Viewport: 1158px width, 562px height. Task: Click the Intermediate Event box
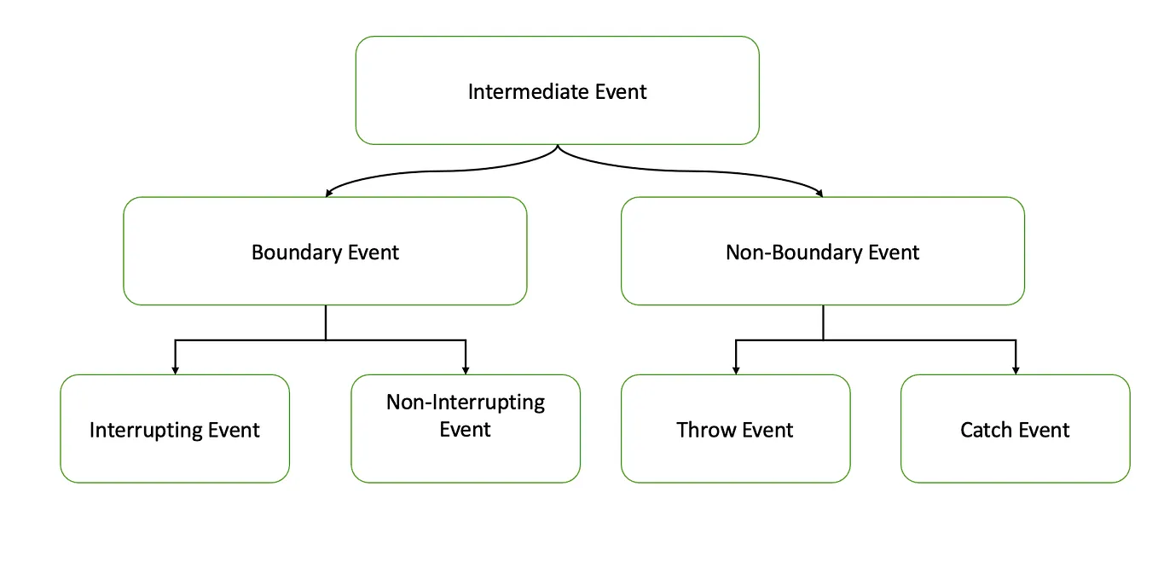point(557,90)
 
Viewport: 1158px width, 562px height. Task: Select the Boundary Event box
point(325,252)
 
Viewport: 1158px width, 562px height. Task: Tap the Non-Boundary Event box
point(822,252)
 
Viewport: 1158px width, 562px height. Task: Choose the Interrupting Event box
point(175,429)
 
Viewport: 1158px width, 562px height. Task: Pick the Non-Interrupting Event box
point(466,429)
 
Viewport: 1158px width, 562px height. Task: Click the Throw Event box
point(735,429)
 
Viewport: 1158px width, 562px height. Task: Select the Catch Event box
point(1015,429)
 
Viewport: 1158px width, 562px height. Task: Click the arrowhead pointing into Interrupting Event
point(175,370)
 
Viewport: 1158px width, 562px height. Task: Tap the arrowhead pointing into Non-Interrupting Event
point(466,370)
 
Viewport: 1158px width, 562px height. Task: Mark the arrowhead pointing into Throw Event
point(736,370)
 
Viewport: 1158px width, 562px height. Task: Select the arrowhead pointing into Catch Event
point(1015,370)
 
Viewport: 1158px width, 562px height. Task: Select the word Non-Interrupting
point(466,403)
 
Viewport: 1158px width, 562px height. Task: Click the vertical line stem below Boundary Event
point(326,322)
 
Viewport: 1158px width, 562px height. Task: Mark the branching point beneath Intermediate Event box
point(558,148)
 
